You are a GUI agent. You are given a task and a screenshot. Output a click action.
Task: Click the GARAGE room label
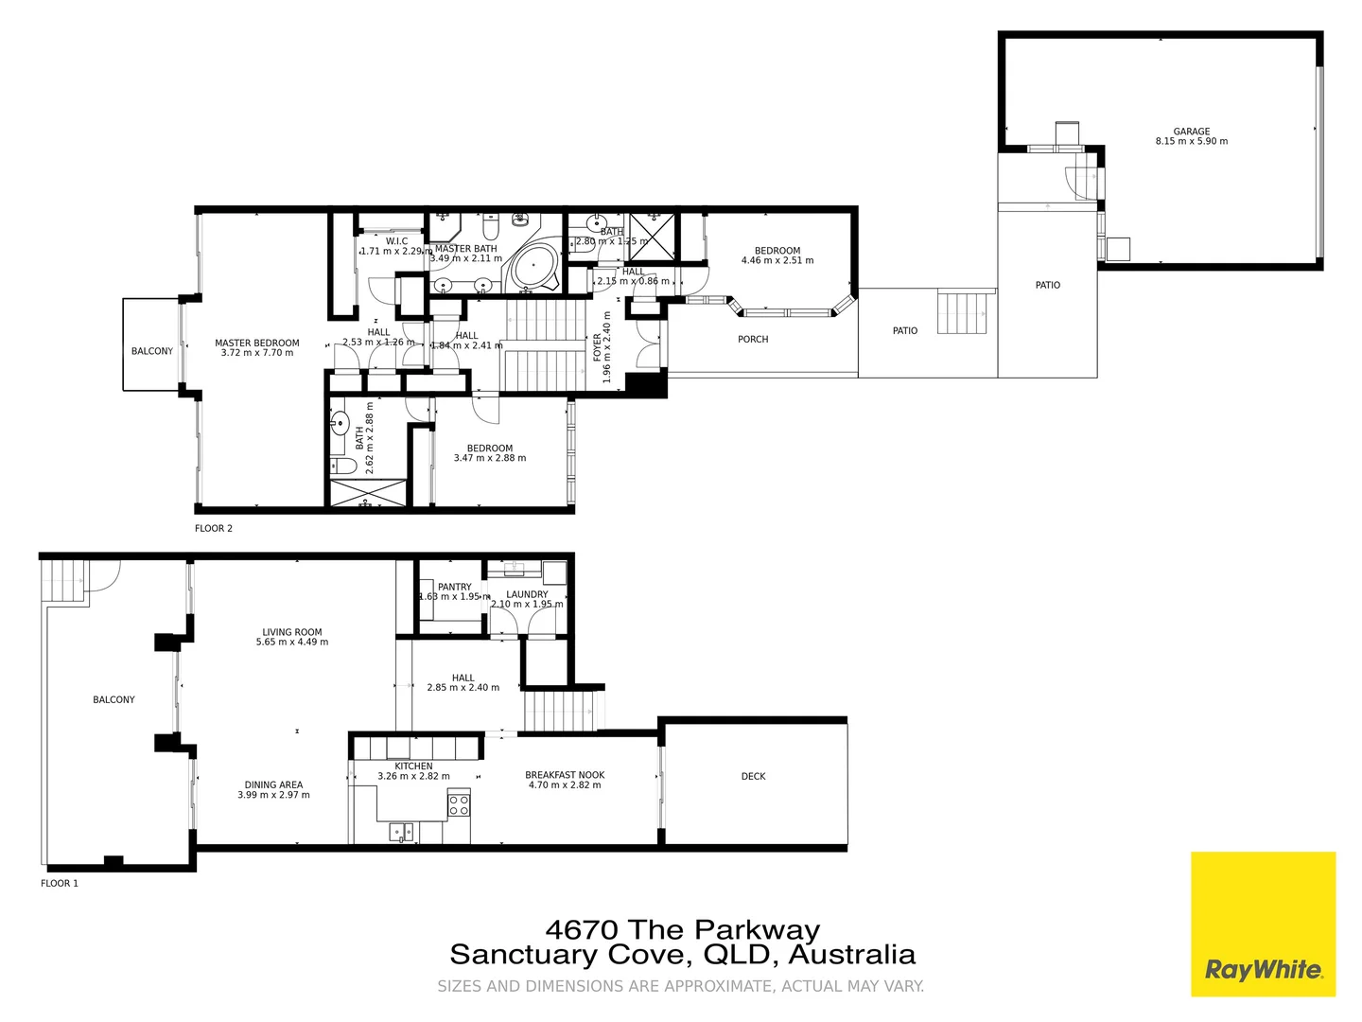click(1191, 132)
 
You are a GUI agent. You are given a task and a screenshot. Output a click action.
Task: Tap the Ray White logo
click(1263, 969)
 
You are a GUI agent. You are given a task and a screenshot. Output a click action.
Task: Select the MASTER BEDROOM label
click(256, 344)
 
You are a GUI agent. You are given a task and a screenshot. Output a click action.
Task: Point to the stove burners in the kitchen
click(459, 805)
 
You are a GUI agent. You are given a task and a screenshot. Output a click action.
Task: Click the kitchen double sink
click(402, 832)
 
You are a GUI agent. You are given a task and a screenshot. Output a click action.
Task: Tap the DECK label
click(753, 776)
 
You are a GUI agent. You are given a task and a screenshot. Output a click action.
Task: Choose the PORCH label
click(753, 339)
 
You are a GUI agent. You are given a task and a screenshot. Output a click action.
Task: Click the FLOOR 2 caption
click(213, 528)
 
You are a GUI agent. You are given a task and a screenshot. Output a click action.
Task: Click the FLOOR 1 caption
click(59, 883)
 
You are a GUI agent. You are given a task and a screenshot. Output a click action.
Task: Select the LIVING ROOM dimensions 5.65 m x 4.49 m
click(292, 642)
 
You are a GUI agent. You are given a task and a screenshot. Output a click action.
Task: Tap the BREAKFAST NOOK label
click(565, 775)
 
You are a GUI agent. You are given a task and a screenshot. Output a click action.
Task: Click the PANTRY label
click(454, 587)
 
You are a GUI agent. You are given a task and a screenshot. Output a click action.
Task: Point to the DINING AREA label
click(273, 784)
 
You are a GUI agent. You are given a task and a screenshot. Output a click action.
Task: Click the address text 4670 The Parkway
click(682, 929)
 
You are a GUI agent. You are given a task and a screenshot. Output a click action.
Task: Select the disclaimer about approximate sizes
click(680, 986)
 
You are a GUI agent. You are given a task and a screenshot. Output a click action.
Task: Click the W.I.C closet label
click(396, 241)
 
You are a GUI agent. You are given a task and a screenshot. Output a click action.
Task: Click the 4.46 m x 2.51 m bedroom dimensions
click(777, 260)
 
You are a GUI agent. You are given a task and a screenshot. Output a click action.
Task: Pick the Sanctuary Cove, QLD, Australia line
click(682, 954)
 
